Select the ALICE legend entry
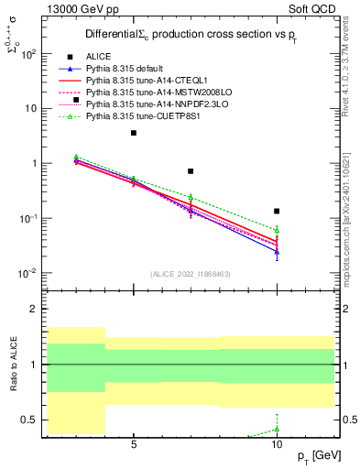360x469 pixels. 97,57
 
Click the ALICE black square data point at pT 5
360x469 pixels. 134,133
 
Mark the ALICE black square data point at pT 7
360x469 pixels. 191,171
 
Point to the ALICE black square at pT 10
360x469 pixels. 277,211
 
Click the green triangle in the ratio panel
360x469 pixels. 277,429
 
